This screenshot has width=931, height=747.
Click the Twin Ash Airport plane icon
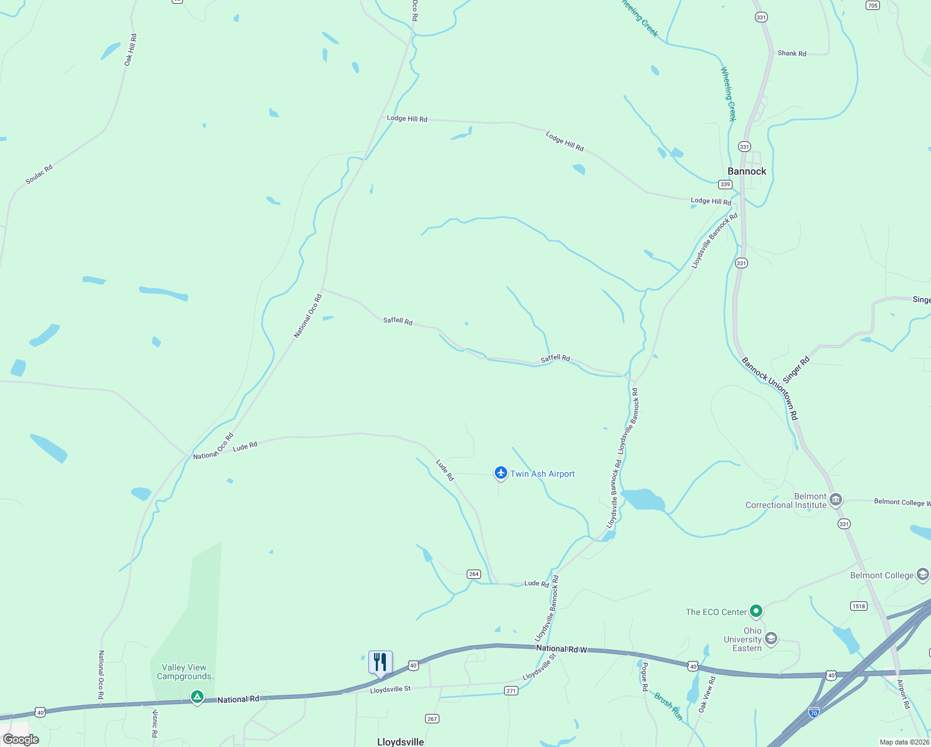click(500, 473)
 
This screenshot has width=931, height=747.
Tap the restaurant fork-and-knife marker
click(380, 662)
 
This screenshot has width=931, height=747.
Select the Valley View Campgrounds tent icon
click(197, 697)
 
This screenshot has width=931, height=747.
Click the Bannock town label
click(747, 171)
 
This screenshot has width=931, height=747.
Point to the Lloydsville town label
click(400, 742)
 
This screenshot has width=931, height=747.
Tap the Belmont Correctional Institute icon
click(836, 499)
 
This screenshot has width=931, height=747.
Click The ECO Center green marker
click(756, 611)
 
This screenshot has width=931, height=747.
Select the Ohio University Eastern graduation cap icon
click(771, 639)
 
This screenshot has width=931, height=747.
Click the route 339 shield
click(724, 184)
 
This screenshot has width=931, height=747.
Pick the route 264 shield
click(474, 574)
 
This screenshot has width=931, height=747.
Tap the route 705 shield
click(873, 6)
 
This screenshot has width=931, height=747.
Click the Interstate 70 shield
click(813, 711)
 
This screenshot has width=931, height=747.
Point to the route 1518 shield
click(859, 606)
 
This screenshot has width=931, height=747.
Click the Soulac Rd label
click(39, 174)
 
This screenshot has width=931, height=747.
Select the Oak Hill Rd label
click(130, 50)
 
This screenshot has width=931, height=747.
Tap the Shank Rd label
click(792, 54)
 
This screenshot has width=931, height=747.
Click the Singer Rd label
click(796, 370)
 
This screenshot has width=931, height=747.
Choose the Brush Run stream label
click(668, 707)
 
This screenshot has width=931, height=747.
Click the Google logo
click(21, 740)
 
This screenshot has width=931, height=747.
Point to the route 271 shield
click(511, 690)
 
